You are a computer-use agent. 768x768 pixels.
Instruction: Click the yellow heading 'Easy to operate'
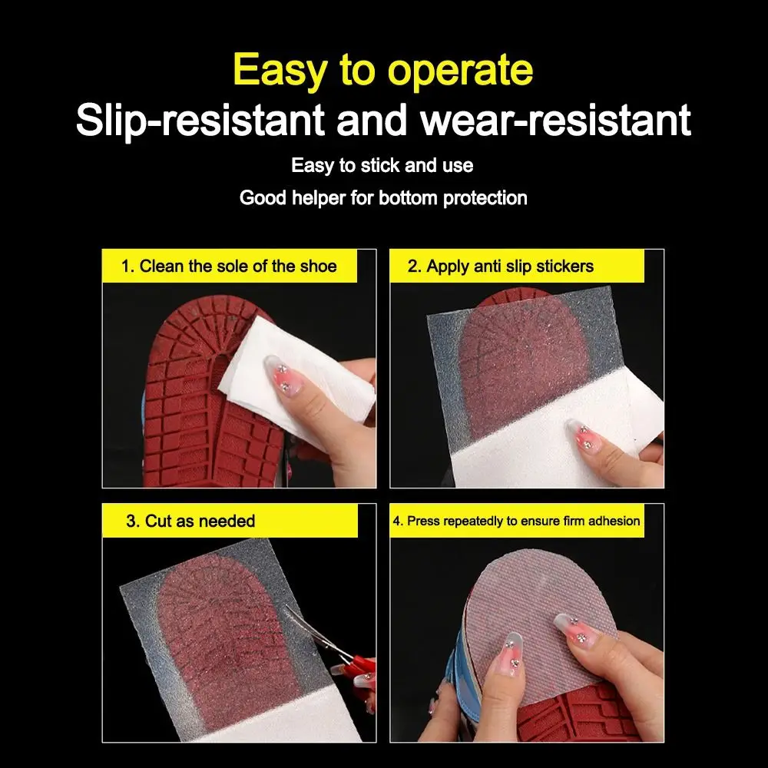coord(382,70)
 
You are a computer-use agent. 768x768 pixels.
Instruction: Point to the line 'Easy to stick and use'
coord(382,165)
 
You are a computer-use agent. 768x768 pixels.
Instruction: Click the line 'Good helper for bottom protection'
coord(383,198)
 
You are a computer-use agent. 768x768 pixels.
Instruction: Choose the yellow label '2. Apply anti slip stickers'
coord(500,266)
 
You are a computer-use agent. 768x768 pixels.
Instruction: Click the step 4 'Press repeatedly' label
coord(515,521)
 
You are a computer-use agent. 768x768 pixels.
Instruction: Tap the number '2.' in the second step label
coord(415,266)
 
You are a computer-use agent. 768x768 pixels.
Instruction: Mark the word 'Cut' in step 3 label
coord(158,521)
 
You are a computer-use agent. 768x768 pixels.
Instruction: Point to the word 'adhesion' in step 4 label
coord(614,521)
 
